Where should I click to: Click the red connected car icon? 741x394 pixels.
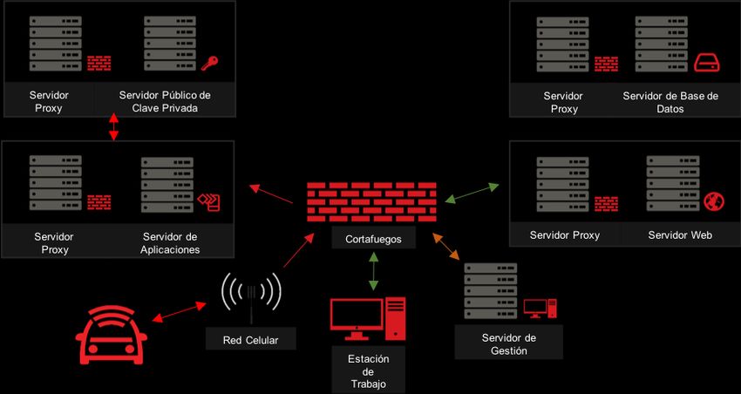108,336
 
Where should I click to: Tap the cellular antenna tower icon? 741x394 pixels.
251,297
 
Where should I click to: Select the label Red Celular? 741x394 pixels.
250,340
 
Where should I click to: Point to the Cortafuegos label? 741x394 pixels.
373,239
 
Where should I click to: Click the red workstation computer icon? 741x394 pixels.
368,318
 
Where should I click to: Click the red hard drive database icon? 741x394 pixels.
704,61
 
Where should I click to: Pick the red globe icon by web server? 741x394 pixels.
713,200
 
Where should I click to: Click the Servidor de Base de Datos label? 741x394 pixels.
670,102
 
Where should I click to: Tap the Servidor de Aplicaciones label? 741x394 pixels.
170,242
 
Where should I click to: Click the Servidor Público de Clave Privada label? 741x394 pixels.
165,101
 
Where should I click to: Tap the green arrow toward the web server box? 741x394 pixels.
472,193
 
